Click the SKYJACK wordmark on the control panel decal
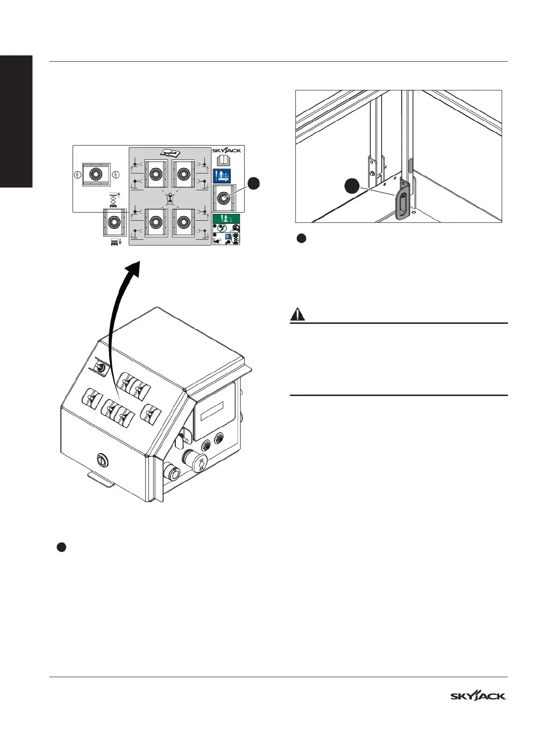227,150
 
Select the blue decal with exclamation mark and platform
222,175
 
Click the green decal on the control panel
226,218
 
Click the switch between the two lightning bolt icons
95,174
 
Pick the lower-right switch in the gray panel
183,223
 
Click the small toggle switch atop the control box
100,368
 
